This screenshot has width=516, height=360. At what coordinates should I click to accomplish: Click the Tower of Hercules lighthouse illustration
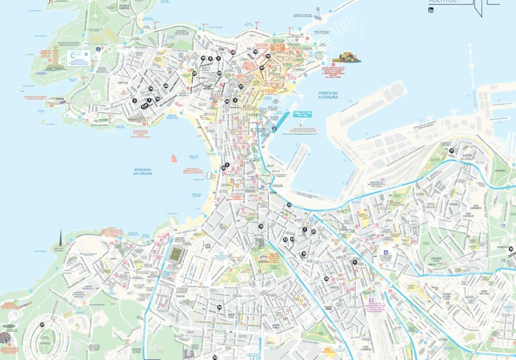[x=55, y=58]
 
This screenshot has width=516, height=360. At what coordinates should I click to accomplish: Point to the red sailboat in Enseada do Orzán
[x=175, y=158]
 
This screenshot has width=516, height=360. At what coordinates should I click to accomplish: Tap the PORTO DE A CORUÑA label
[x=328, y=95]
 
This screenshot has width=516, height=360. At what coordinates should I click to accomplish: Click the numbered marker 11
[x=451, y=151]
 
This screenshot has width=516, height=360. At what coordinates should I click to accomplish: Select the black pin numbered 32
[x=289, y=205]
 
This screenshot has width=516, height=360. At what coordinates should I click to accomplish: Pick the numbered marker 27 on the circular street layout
[x=42, y=325]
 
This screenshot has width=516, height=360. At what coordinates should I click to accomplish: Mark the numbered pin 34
[x=219, y=307]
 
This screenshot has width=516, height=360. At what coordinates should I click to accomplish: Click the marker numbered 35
[x=326, y=279]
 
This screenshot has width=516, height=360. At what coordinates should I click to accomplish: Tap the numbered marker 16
[x=261, y=226]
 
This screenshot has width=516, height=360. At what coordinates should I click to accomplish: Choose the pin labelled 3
[x=134, y=100]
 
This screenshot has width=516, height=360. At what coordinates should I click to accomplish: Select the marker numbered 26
[x=166, y=86]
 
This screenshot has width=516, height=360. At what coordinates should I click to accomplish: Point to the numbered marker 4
[x=354, y=262]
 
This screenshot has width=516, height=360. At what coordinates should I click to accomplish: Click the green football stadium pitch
[x=177, y=255]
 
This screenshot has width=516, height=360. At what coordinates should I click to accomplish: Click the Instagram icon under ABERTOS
[x=431, y=10]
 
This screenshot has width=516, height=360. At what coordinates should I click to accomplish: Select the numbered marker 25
[x=313, y=232]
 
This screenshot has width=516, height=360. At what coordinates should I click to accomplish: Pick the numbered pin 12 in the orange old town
[x=268, y=56]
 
